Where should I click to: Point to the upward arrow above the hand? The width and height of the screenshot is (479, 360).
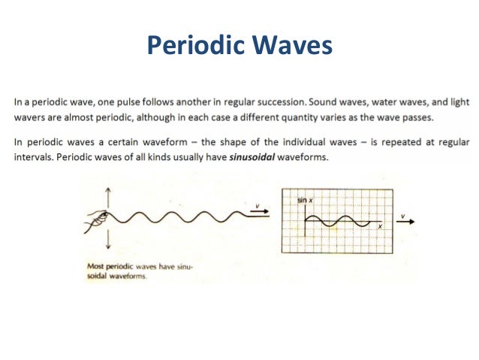tap(110, 197)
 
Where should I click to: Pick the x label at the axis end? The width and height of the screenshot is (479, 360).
tap(380, 225)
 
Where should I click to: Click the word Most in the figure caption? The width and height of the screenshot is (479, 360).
tap(95, 265)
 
